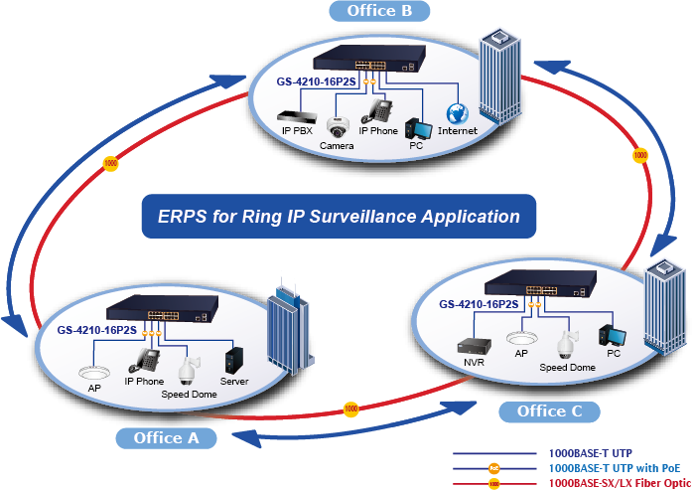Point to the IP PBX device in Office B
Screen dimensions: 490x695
pyautogui.click(x=295, y=114)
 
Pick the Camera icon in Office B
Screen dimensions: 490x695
pyautogui.click(x=338, y=126)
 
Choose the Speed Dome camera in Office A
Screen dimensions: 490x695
pyautogui.click(x=185, y=370)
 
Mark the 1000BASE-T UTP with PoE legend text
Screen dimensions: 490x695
pyautogui.click(x=615, y=467)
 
